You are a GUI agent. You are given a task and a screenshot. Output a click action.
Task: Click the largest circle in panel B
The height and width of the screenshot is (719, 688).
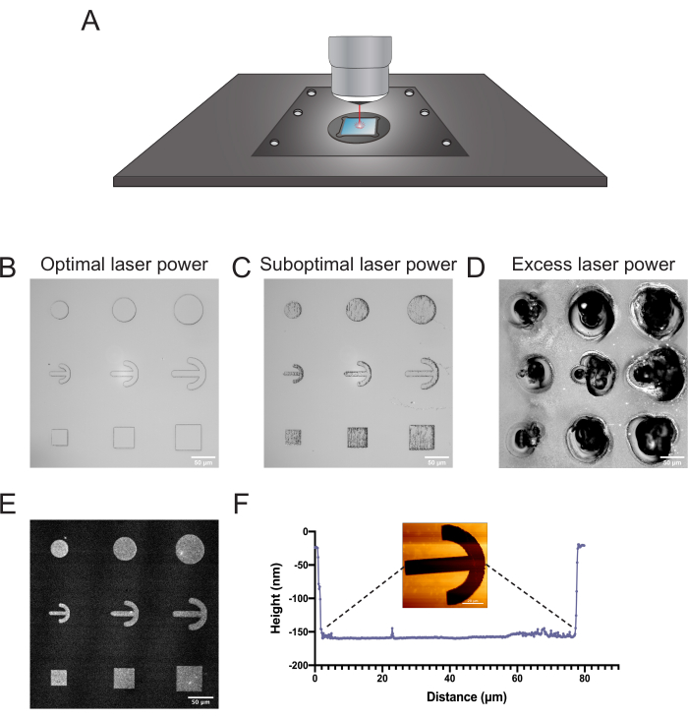190,313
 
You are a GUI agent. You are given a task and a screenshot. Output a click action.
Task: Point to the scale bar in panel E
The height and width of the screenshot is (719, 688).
201,697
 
